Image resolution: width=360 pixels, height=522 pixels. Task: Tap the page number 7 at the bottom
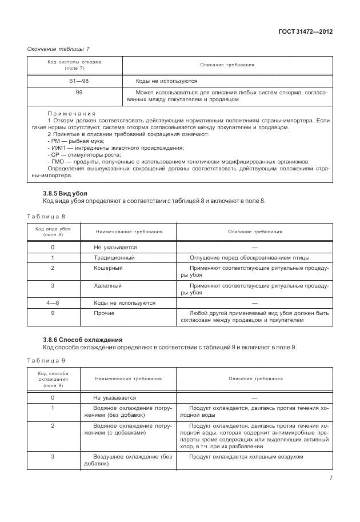331,479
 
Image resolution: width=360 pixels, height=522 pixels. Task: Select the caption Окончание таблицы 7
58,49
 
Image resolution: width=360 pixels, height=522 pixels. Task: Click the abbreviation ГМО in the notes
56,161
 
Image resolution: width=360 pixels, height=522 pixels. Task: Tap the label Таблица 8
46,217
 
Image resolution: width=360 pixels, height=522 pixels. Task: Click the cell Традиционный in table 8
114,257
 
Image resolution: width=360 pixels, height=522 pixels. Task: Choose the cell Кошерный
108,268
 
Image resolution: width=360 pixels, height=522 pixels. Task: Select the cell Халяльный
107,285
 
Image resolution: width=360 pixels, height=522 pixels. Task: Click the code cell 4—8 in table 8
53,302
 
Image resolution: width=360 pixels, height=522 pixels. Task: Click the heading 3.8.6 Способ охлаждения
83,340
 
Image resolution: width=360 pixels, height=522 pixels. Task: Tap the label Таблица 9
46,361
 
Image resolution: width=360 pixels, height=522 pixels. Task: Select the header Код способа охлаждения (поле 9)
53,378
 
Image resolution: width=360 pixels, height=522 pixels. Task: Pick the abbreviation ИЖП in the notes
57,148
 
